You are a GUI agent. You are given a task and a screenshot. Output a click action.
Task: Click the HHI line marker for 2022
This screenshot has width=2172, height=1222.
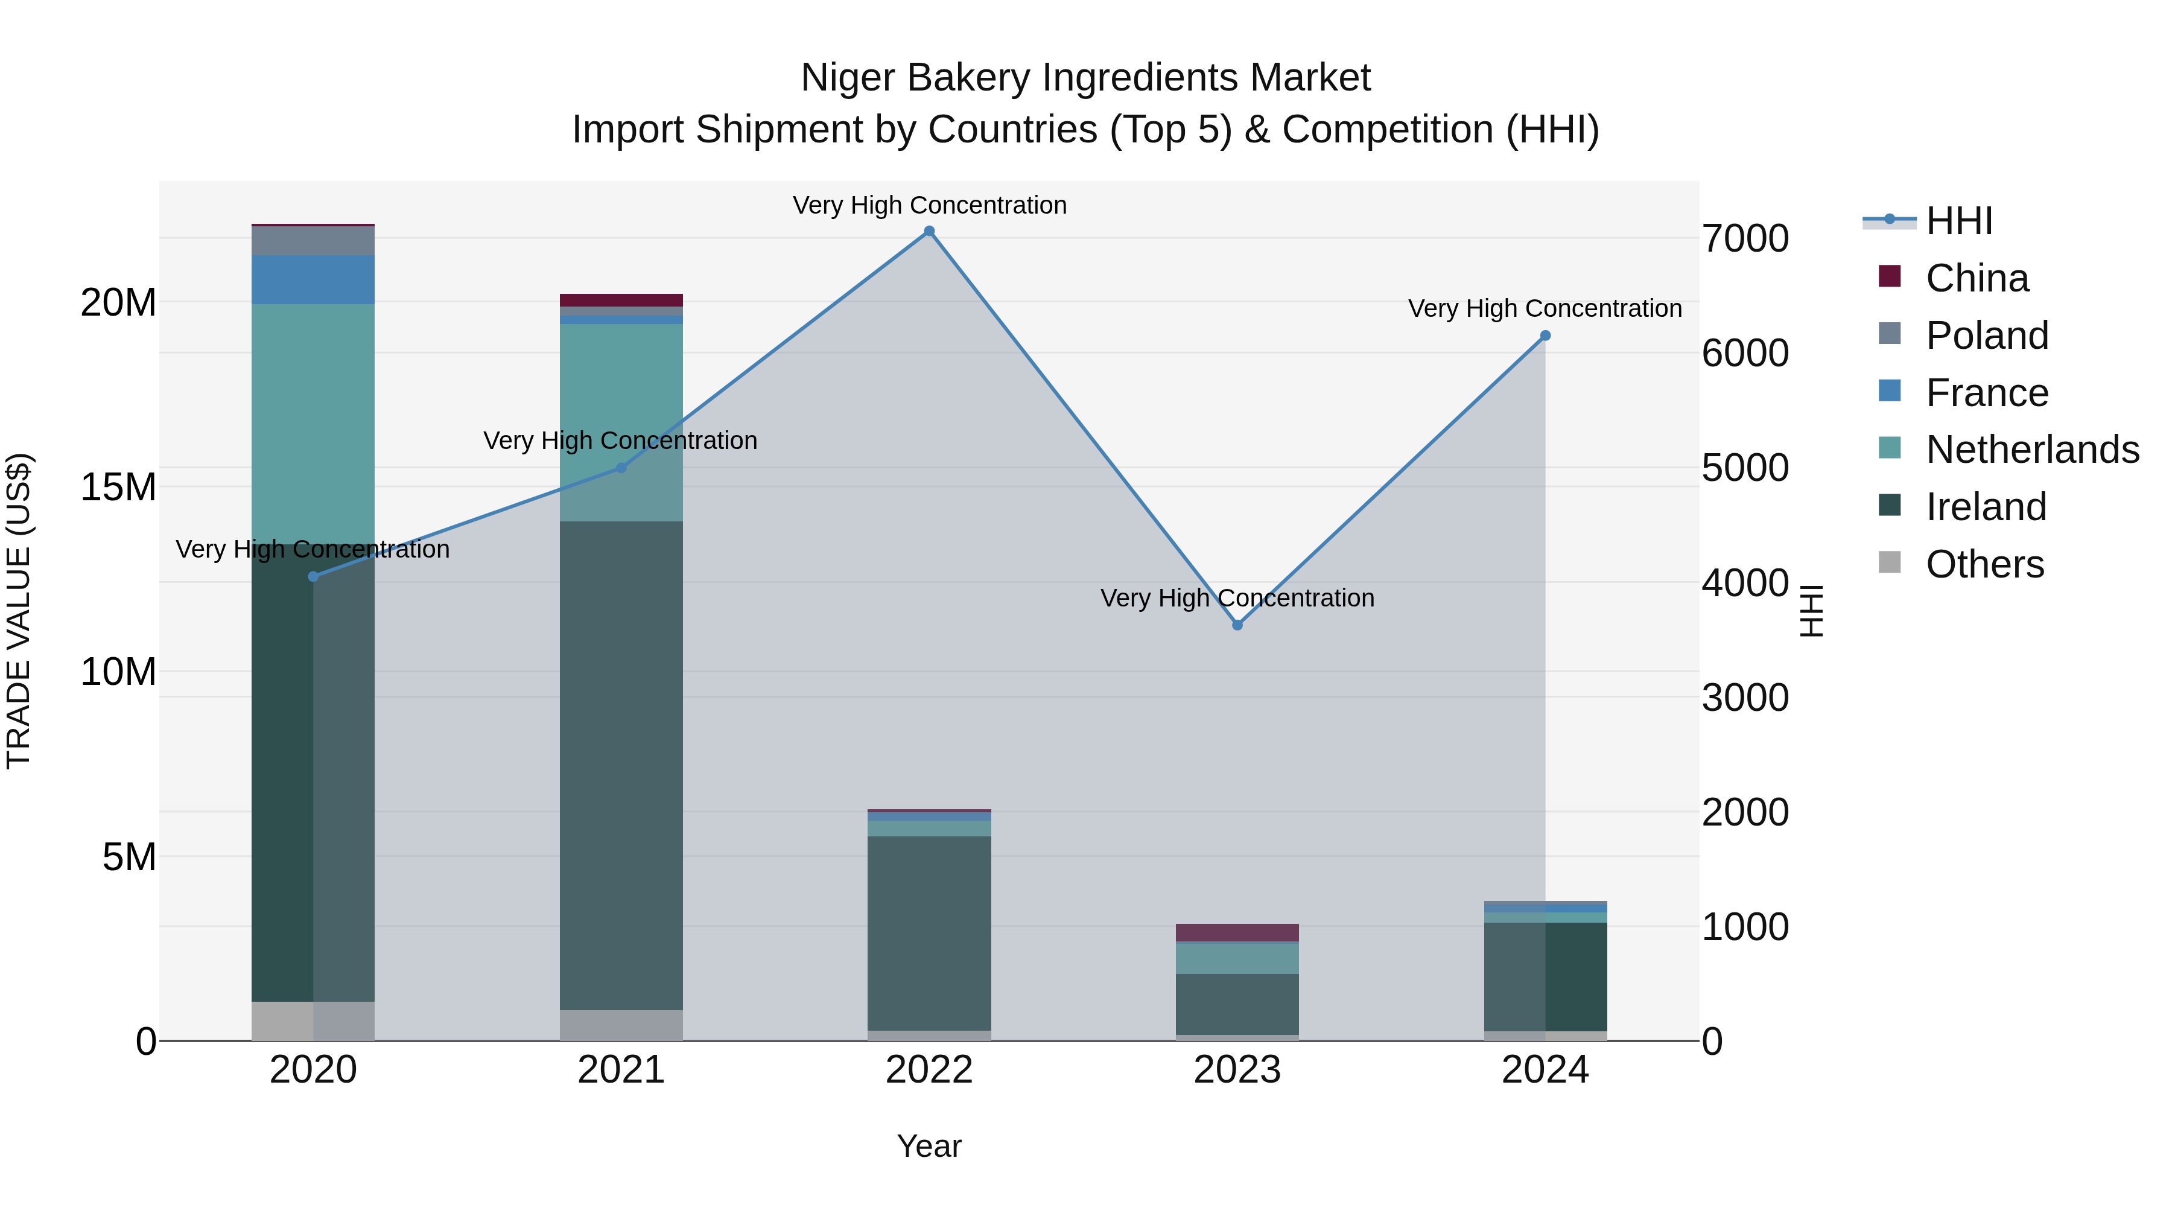pos(929,231)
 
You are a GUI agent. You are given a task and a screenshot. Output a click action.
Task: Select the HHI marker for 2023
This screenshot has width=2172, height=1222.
pos(1237,625)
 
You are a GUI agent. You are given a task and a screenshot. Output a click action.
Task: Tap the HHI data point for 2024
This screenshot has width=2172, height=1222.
pos(1545,336)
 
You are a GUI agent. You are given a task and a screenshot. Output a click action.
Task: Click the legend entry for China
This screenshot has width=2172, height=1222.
pos(1977,278)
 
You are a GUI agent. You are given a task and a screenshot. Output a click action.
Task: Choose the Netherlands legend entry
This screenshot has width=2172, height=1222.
pos(2031,450)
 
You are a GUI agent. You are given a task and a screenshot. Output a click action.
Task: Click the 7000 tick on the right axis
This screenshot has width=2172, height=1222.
pos(1744,238)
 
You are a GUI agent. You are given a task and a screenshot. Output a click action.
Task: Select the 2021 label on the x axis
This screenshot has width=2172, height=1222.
pos(621,1070)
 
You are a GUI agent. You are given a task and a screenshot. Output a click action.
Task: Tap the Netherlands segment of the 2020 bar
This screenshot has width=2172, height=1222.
pos(313,422)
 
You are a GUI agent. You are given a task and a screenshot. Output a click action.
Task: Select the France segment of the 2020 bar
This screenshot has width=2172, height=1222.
pos(313,279)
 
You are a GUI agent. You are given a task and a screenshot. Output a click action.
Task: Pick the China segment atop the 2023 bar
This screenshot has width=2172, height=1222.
pos(1237,933)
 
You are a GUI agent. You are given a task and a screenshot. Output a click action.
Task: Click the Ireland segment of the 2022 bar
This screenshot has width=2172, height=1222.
pos(929,932)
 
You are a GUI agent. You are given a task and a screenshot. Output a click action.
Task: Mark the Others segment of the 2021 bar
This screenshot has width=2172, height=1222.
pos(621,1025)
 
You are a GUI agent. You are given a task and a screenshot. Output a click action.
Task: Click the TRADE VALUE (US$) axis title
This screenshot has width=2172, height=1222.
pos(19,611)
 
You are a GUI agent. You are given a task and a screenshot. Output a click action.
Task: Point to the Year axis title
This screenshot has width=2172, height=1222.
pos(929,1146)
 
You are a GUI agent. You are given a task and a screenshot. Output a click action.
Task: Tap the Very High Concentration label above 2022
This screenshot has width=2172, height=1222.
pos(929,205)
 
